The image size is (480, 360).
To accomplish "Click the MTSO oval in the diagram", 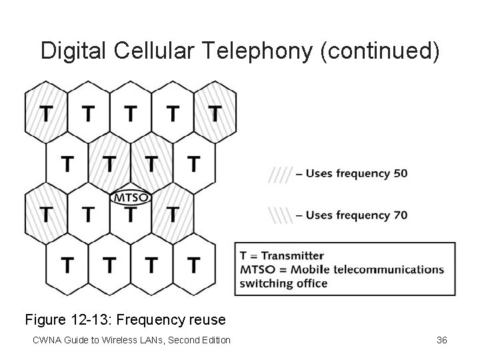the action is [x=131, y=197].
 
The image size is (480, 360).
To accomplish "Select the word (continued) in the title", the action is [x=380, y=51].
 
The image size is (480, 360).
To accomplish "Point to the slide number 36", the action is [x=441, y=340].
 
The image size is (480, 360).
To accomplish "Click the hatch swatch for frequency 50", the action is [x=280, y=174].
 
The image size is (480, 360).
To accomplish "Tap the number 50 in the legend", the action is [x=401, y=174].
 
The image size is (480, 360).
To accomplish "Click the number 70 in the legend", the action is [x=401, y=216].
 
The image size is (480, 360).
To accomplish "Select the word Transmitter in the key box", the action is [x=294, y=256].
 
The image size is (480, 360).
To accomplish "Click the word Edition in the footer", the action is [x=214, y=340].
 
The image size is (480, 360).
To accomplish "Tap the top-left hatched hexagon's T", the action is [x=45, y=114].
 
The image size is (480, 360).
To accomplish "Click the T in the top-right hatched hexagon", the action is [x=214, y=114].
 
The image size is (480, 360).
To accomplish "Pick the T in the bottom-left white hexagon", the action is [x=67, y=265].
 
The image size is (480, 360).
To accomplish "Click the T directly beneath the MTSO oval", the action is [x=131, y=214].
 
